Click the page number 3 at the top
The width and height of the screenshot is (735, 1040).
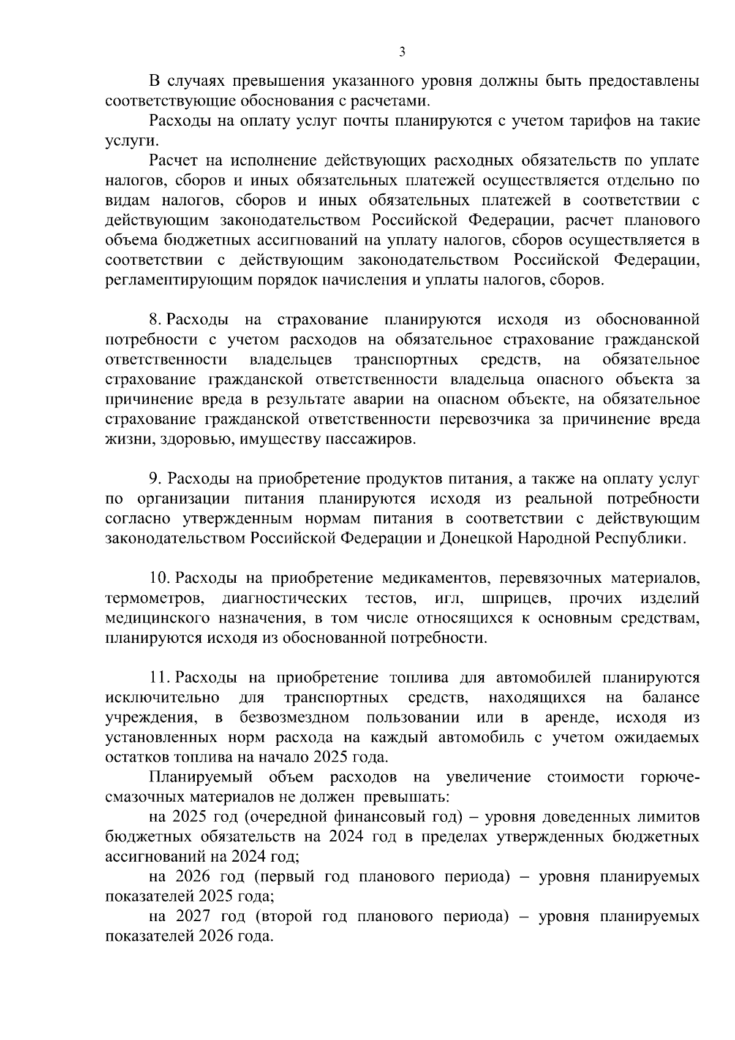pos(402,52)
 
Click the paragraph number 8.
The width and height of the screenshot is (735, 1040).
pos(155,320)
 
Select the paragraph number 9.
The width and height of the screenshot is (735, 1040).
pos(155,479)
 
